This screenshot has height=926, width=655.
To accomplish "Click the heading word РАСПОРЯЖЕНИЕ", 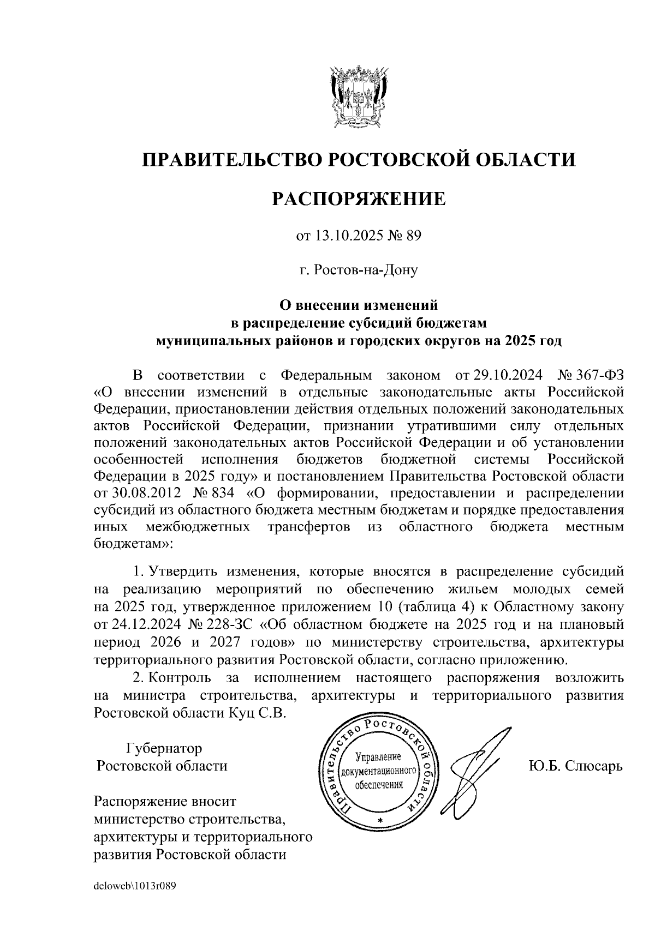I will point(359,199).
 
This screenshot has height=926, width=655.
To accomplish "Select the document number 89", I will point(414,236).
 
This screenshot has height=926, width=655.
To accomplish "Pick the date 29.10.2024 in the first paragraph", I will point(507,376).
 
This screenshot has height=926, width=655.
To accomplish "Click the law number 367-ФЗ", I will point(600,376).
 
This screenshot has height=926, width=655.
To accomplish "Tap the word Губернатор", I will point(164,748).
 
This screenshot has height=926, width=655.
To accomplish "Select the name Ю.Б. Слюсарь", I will point(575,766).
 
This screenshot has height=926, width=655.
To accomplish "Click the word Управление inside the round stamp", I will point(378,757).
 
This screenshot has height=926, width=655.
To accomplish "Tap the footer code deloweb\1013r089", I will point(135,886).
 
